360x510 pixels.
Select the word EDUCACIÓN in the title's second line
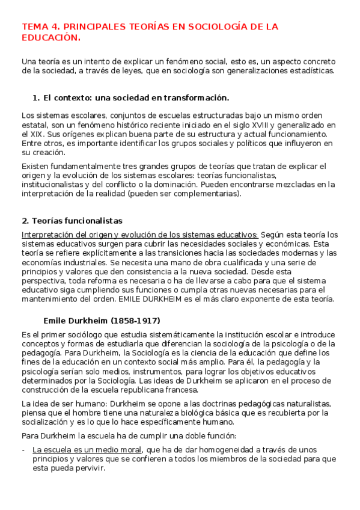[x=50, y=37]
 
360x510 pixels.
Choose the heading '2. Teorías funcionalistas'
[x=72, y=221]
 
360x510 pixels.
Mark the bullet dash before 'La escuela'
[x=23, y=449]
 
